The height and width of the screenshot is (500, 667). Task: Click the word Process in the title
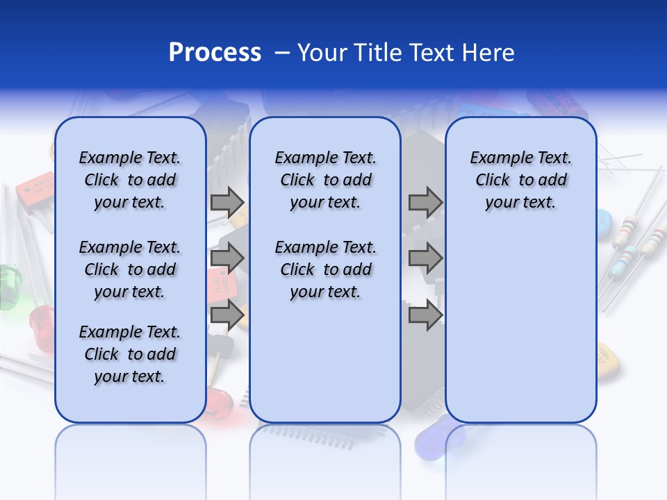coord(215,53)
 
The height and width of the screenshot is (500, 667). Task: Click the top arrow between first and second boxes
coord(227,202)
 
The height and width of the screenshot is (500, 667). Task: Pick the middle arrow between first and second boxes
coord(227,258)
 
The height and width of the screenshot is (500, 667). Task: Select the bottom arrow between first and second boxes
coord(227,315)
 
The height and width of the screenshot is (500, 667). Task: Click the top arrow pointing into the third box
coord(425,202)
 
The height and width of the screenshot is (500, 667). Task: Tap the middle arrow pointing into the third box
coord(425,258)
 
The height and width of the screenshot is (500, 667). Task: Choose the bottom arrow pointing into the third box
coord(425,315)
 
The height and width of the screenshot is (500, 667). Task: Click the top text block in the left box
coord(130,180)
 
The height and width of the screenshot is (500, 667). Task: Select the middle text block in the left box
coord(130,269)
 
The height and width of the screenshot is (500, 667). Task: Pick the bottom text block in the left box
coord(130,354)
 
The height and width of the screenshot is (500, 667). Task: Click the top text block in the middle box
coord(325,180)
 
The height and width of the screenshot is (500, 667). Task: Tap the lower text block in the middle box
coord(325,269)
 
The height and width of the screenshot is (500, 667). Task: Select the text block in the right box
coord(520,180)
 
